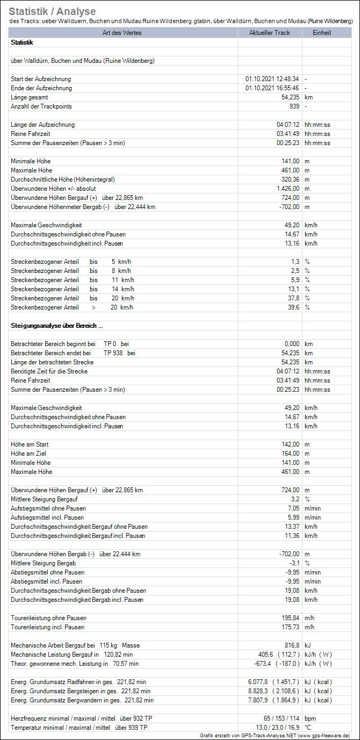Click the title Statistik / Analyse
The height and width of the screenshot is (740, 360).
(52, 11)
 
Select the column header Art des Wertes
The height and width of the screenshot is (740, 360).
(123, 33)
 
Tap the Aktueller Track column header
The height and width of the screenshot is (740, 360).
(270, 33)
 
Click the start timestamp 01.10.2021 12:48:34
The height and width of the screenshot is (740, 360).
(272, 79)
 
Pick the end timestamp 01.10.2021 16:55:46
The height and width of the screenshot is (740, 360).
(272, 88)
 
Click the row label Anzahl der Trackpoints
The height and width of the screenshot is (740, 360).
(41, 106)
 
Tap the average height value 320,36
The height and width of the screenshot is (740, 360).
(288, 179)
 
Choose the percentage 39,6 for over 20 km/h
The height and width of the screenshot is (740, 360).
(293, 307)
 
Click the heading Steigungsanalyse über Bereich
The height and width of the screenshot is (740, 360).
(56, 326)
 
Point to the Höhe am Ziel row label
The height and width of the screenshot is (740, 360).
(30, 454)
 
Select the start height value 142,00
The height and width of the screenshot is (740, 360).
(288, 444)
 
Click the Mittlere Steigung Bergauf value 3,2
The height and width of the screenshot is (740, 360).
(294, 499)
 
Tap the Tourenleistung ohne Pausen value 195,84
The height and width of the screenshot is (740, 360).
(288, 618)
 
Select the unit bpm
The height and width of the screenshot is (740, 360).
(311, 719)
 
